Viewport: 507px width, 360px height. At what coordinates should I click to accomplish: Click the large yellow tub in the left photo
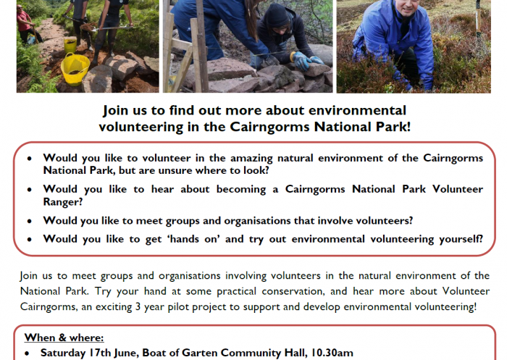pos(75,69)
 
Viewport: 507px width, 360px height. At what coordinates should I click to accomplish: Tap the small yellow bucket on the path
pos(70,45)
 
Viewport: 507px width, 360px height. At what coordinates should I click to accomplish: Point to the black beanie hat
pos(277,15)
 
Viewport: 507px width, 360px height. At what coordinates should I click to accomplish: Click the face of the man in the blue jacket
pos(404,7)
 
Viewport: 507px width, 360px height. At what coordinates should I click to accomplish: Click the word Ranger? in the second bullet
pos(63,202)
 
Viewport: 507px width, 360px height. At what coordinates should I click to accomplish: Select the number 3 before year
pos(138,306)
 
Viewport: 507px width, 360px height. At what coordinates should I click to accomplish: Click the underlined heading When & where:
pos(64,338)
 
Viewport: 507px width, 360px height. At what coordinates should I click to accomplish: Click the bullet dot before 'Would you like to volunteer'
pos(30,159)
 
